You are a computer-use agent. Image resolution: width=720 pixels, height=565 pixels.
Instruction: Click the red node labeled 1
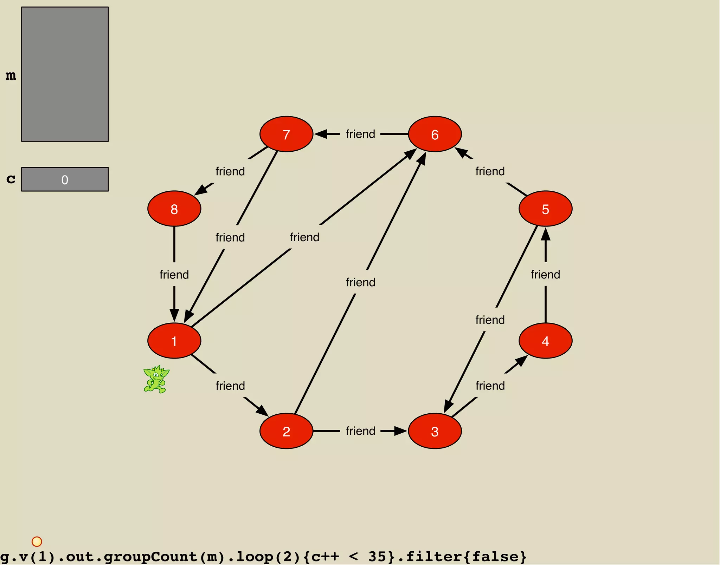(x=174, y=341)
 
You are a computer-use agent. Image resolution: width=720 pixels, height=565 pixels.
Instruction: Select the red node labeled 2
(x=286, y=431)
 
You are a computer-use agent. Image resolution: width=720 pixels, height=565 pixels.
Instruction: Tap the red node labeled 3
(x=435, y=431)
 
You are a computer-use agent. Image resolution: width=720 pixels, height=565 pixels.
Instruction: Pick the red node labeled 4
(x=545, y=341)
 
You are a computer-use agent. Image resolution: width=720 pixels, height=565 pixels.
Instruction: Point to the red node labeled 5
(x=545, y=209)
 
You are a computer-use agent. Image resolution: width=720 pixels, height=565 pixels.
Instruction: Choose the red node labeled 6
(x=435, y=134)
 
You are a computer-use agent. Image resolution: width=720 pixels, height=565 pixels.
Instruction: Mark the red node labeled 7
(x=286, y=134)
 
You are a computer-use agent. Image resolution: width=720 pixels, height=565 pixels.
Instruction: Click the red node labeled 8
(x=174, y=209)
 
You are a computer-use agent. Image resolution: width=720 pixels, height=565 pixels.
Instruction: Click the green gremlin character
(x=156, y=379)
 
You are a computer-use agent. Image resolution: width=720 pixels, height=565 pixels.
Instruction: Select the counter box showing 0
(x=65, y=179)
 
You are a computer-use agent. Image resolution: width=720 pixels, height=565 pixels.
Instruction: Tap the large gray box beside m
(x=65, y=74)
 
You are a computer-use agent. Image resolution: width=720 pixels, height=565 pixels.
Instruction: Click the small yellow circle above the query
(x=37, y=541)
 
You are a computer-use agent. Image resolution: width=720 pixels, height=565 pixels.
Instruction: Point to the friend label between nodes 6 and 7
(x=360, y=134)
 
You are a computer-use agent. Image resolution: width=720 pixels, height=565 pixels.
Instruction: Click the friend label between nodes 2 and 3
(x=360, y=431)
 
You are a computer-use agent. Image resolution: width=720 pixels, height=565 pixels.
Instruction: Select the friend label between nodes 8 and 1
(x=174, y=275)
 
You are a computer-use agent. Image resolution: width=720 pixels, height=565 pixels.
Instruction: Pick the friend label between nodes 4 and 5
(x=545, y=275)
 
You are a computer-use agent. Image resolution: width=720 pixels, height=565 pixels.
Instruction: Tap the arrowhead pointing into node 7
(x=321, y=134)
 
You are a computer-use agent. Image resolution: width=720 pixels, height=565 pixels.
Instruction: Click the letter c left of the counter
(x=11, y=179)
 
